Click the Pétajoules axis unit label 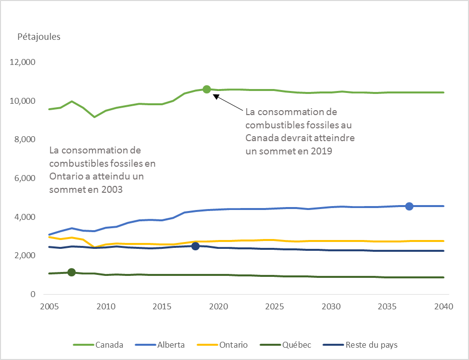click(39, 37)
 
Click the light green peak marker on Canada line click(206, 89)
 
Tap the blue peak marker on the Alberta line click(409, 206)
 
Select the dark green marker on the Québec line click(71, 272)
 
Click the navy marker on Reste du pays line click(195, 246)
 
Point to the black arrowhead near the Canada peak click(215, 96)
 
